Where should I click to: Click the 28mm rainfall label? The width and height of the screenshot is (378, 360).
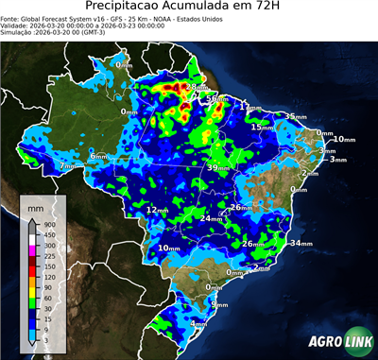[x=194, y=88]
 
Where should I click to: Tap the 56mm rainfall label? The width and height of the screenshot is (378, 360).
[x=216, y=98]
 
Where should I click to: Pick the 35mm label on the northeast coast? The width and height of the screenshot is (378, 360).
[x=295, y=117]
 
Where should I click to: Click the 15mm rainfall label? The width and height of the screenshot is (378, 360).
[x=262, y=127]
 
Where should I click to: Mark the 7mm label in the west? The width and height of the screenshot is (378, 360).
[x=68, y=166]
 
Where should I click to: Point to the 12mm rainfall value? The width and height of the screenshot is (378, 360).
[x=158, y=209]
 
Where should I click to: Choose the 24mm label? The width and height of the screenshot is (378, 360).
[x=211, y=218]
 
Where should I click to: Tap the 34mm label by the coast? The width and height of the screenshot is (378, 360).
[x=301, y=244]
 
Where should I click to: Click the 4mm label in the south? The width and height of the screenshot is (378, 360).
[x=198, y=324]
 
